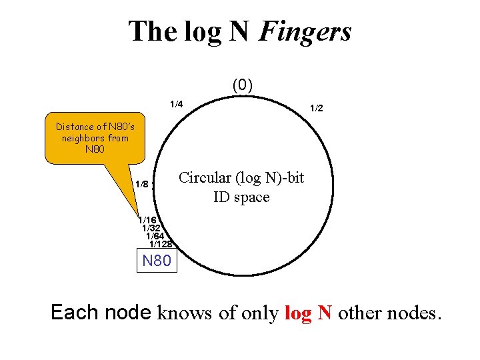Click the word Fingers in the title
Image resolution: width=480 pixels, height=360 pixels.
[306, 32]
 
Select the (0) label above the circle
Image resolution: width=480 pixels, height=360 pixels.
[242, 85]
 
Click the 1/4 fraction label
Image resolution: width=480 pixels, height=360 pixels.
[176, 105]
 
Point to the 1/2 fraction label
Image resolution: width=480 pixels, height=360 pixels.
[315, 108]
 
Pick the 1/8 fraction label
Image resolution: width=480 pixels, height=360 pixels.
[142, 184]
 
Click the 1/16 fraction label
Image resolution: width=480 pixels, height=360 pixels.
[147, 220]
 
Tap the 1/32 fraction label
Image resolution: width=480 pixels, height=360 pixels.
[151, 228]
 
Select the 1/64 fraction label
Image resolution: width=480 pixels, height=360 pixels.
[155, 236]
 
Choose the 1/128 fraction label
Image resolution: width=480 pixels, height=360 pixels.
[161, 244]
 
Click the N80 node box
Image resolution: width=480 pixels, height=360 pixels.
[157, 261]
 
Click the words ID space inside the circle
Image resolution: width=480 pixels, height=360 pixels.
[241, 197]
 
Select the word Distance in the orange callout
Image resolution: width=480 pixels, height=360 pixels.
[75, 127]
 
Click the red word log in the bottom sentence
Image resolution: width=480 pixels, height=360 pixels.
[297, 313]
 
